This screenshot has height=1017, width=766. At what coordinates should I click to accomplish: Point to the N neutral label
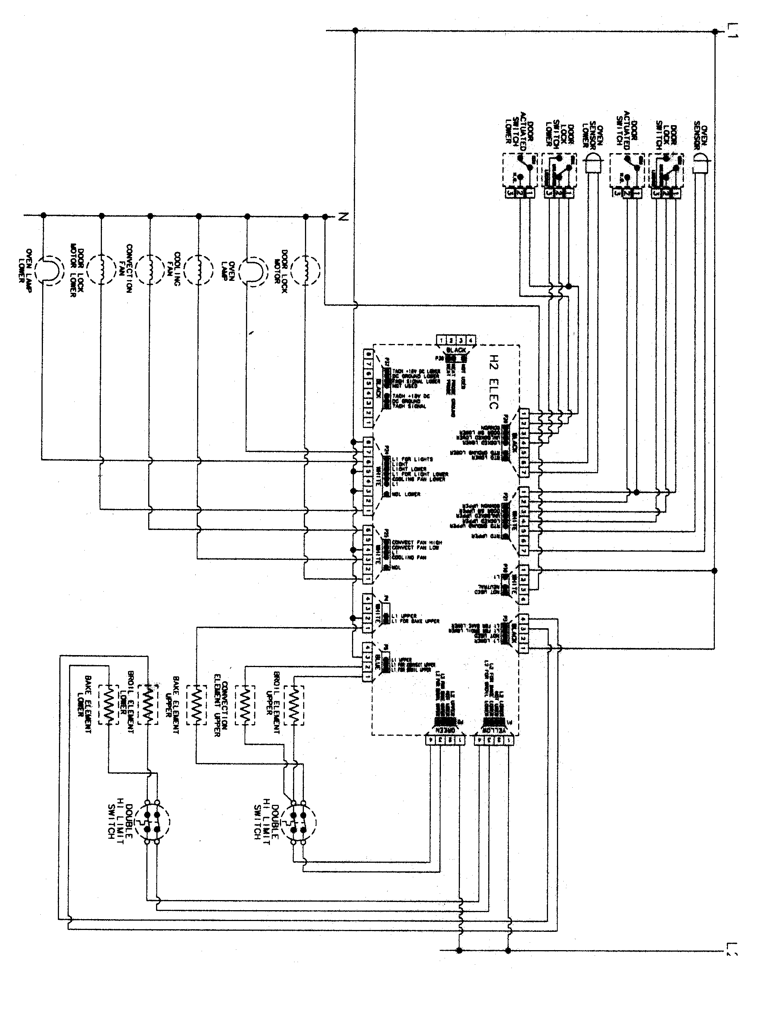341,217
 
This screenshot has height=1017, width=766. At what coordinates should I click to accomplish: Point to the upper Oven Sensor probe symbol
700,164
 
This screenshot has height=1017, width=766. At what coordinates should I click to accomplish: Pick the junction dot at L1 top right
714,31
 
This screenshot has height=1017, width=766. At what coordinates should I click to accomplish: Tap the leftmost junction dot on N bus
44,215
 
